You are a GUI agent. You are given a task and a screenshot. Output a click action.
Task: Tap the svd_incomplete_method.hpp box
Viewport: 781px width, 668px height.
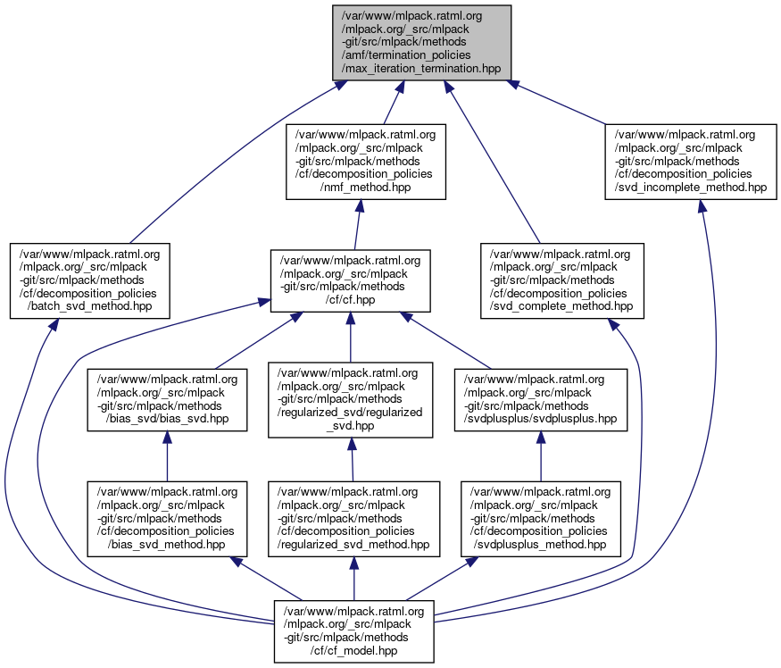point(691,161)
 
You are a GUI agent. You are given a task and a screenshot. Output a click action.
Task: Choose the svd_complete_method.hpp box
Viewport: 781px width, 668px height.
point(560,280)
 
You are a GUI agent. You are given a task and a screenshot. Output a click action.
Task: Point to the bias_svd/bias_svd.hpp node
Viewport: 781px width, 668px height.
point(167,398)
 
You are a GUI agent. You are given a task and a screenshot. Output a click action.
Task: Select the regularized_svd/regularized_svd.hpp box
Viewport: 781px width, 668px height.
point(350,399)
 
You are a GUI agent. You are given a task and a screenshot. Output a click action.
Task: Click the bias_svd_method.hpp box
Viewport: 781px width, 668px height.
point(167,517)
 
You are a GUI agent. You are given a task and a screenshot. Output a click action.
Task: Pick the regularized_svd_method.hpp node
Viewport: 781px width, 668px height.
point(354,517)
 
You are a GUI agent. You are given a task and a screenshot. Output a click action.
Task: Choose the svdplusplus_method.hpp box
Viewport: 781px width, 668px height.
point(540,517)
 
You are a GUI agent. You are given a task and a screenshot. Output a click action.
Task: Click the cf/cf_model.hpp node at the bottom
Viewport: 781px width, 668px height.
point(354,630)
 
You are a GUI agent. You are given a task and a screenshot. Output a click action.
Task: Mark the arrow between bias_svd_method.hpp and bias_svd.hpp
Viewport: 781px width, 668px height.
point(167,456)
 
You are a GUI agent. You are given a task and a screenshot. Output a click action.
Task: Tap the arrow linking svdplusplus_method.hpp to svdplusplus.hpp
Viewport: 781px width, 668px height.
point(540,456)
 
